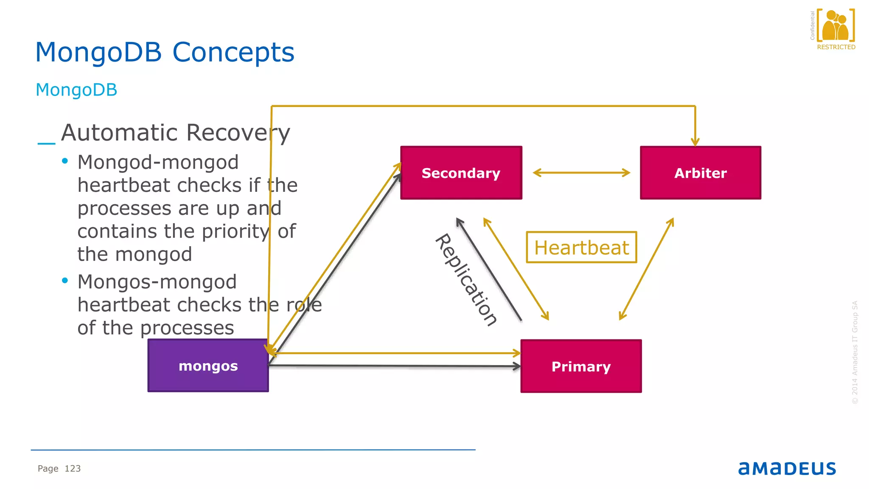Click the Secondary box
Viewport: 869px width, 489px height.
coord(461,173)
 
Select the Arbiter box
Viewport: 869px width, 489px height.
coord(700,173)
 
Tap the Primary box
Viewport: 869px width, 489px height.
coord(581,366)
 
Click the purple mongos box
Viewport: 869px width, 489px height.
coord(208,365)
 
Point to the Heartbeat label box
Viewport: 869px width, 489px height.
coord(581,247)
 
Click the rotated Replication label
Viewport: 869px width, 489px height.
coord(466,280)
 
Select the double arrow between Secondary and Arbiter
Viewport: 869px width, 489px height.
coord(581,173)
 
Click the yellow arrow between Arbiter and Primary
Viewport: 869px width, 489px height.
coord(646,269)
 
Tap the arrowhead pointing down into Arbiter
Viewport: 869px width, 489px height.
coord(695,141)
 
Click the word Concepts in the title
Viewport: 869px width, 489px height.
coord(233,53)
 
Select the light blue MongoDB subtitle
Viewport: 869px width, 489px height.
coord(76,90)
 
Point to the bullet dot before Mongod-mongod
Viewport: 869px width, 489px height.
coord(65,161)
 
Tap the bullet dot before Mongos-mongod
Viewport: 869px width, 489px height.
coord(65,281)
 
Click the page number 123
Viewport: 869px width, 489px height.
coord(73,469)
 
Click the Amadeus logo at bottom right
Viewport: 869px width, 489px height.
coord(787,468)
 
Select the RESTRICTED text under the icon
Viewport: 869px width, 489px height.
coord(836,47)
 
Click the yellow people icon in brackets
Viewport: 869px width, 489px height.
coord(835,25)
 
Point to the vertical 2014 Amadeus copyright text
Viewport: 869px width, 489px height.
coord(855,352)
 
